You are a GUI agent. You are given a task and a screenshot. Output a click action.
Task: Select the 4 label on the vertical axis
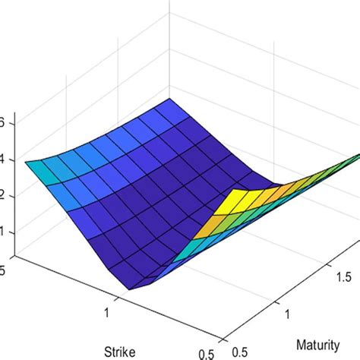3,159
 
